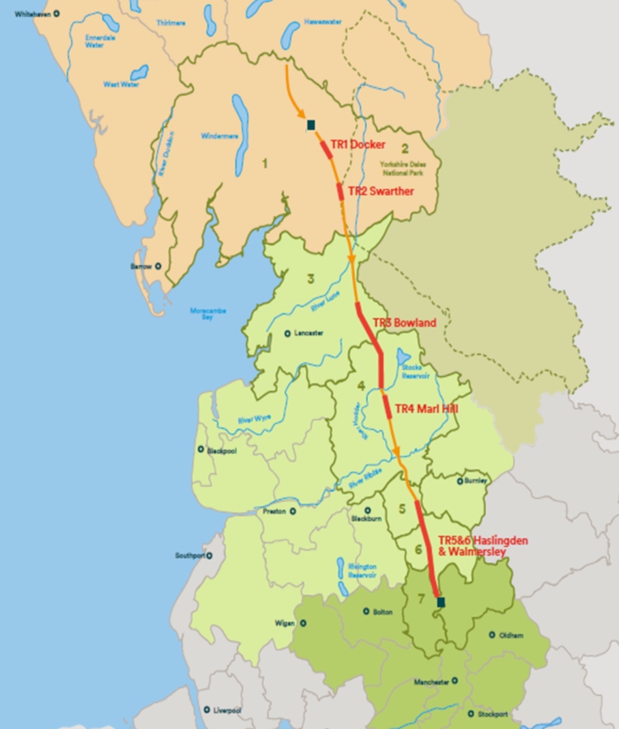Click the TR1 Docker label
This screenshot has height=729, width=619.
pos(357,144)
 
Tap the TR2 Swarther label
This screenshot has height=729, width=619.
pos(380,191)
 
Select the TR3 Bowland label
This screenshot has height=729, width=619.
pos(404,323)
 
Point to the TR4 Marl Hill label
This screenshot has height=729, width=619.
pos(426,408)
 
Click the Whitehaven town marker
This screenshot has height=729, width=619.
pos(56,14)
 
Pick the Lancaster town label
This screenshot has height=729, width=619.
pos(309,332)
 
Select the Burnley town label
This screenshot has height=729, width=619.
pos(475,480)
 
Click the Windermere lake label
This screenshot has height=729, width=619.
pos(217,136)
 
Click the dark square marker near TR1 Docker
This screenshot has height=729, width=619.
pos(310,125)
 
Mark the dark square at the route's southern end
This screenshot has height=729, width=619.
pos(441,602)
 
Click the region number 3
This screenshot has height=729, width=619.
pos(310,280)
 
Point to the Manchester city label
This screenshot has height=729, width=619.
pos(431,682)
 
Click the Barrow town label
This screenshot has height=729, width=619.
pos(141,266)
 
